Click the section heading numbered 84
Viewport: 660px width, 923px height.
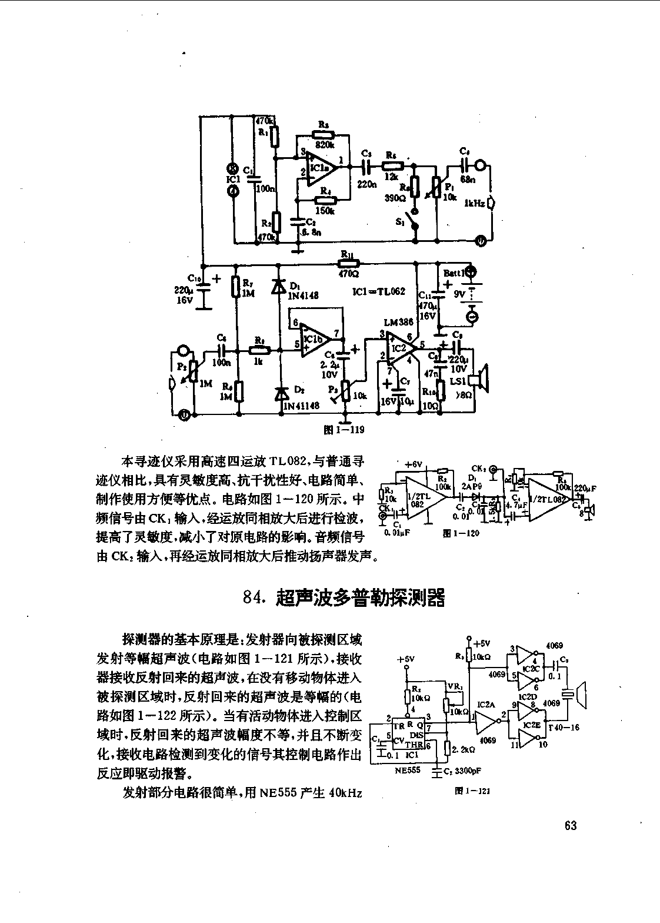click(x=344, y=597)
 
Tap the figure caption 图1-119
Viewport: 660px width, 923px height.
click(x=345, y=429)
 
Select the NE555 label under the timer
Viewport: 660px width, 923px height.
click(x=408, y=769)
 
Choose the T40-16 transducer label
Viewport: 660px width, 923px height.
click(x=563, y=728)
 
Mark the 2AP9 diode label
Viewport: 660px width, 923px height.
click(x=472, y=487)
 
